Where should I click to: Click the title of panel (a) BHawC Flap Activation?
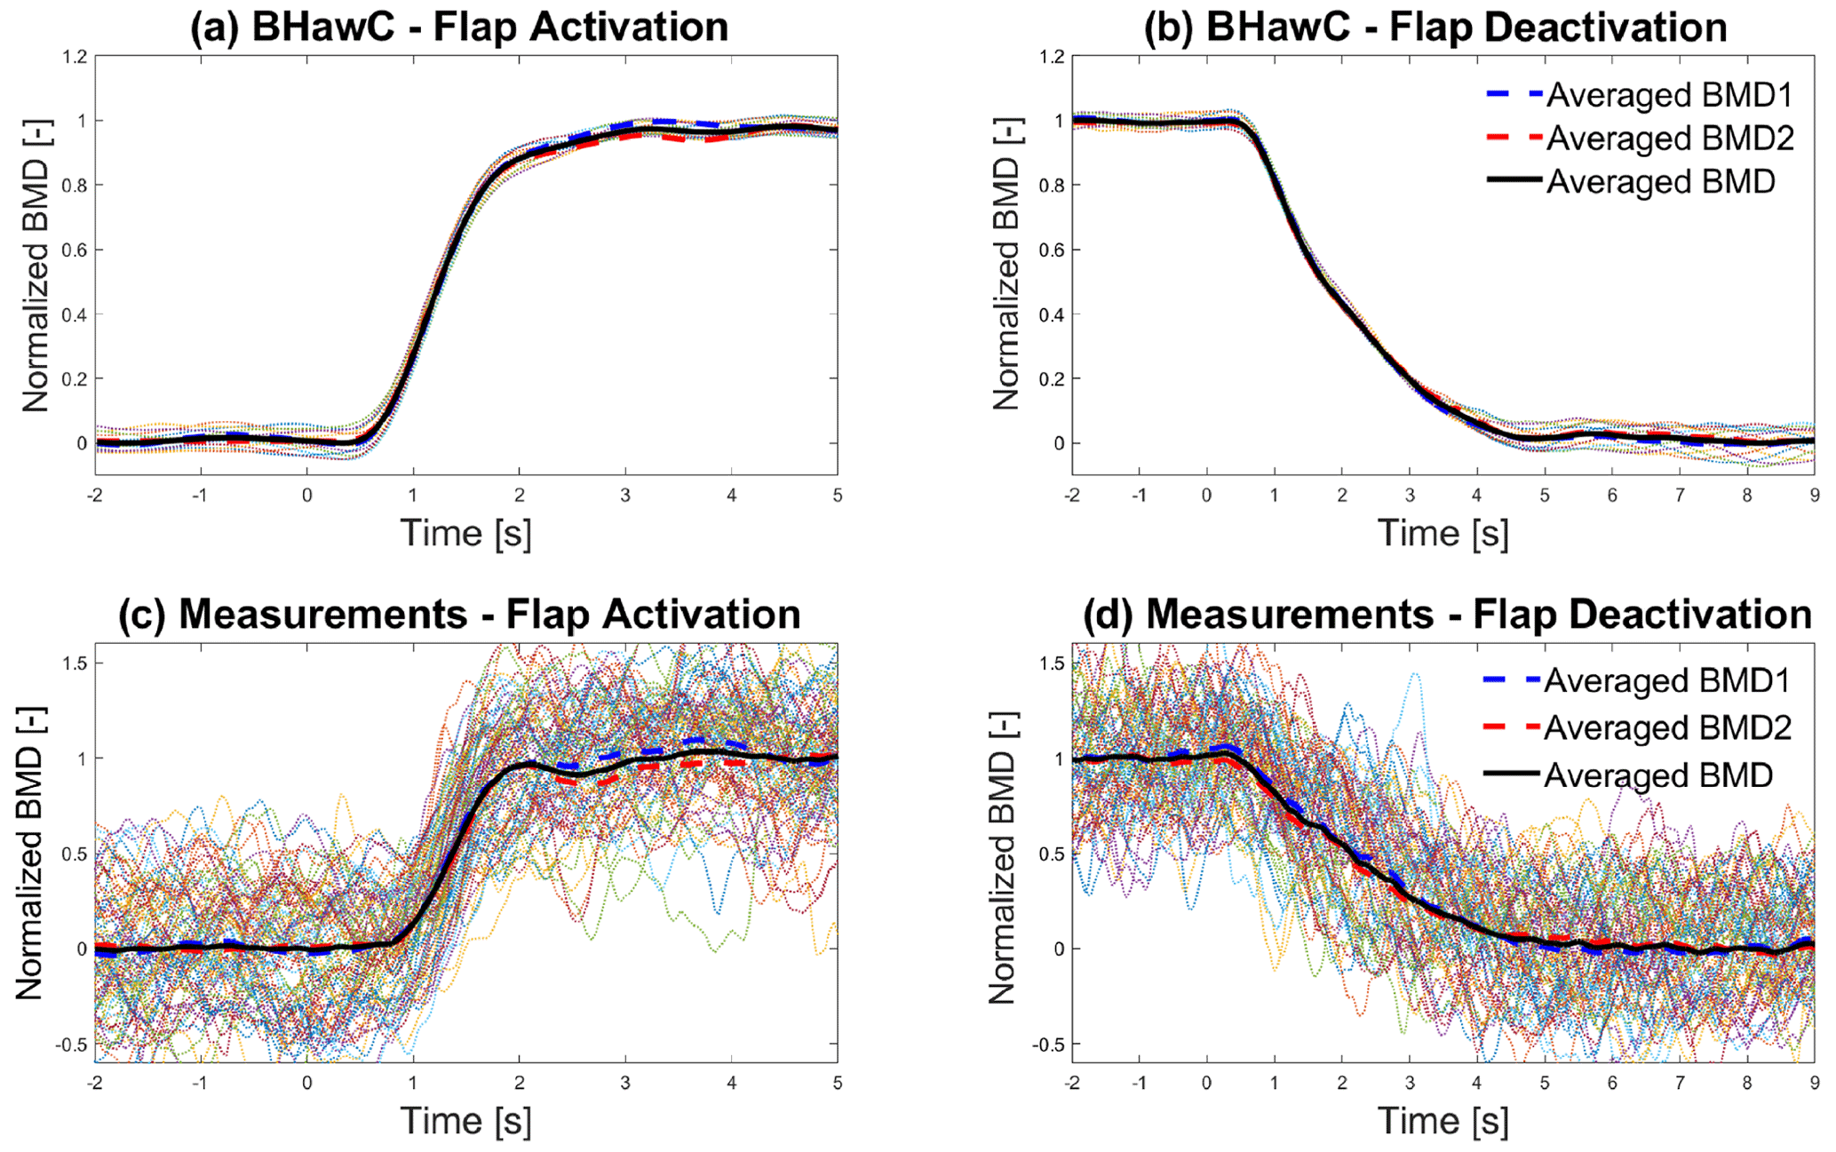(459, 27)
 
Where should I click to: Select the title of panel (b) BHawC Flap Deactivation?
(1435, 27)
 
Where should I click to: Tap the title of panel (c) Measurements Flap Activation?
(459, 615)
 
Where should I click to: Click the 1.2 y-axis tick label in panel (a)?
(75, 57)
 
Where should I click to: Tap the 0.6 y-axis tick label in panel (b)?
(1052, 250)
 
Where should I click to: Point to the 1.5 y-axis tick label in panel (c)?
(75, 663)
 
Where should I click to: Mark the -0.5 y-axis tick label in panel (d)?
(1048, 1045)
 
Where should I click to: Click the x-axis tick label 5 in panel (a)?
(838, 496)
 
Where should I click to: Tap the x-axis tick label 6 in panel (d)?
(1612, 1084)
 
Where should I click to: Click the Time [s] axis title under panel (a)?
(465, 533)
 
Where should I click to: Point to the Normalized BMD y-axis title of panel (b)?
(1006, 266)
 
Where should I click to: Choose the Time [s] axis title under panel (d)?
(1443, 1121)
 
